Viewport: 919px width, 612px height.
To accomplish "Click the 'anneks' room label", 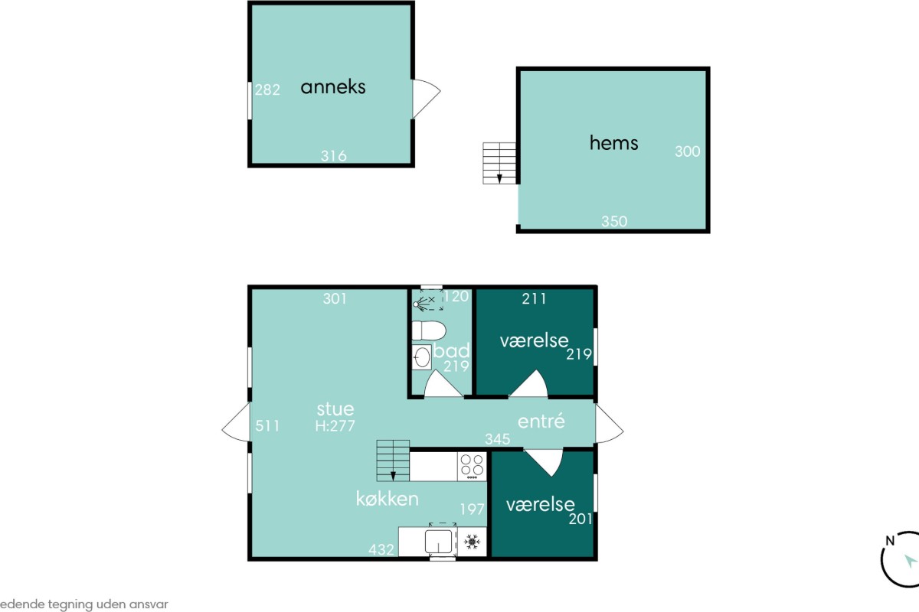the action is click(x=332, y=87).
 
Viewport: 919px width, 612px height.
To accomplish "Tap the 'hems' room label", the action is click(x=613, y=143).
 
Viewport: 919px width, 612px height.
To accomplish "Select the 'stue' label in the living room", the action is click(x=335, y=409).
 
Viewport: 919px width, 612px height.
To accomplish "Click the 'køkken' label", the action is click(x=387, y=499).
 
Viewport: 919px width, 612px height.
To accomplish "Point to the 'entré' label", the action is click(x=541, y=421).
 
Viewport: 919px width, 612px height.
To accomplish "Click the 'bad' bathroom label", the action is click(x=451, y=350).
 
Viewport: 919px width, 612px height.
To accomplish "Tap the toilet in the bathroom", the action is click(x=429, y=330).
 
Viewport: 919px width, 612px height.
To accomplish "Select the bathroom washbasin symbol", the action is click(x=422, y=357).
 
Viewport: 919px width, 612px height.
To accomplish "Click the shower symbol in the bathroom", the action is click(x=428, y=301).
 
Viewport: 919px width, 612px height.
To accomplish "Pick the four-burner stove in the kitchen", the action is click(x=472, y=467).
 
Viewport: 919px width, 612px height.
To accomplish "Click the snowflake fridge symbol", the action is click(x=472, y=542).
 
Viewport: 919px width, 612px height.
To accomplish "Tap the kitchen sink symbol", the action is click(x=439, y=541).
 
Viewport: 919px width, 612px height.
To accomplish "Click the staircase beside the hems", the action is click(x=499, y=163).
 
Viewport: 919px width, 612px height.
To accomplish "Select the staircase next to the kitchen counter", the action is click(x=393, y=461).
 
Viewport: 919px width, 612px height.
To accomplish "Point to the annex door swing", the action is click(x=427, y=99).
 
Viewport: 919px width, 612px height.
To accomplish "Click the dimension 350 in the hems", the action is click(x=614, y=221).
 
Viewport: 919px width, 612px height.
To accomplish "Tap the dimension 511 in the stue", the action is click(x=267, y=426).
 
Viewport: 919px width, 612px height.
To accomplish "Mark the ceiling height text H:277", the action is click(x=335, y=426).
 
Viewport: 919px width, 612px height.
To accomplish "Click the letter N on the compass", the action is click(x=889, y=541).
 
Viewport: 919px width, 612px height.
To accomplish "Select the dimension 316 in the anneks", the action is click(x=334, y=156).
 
